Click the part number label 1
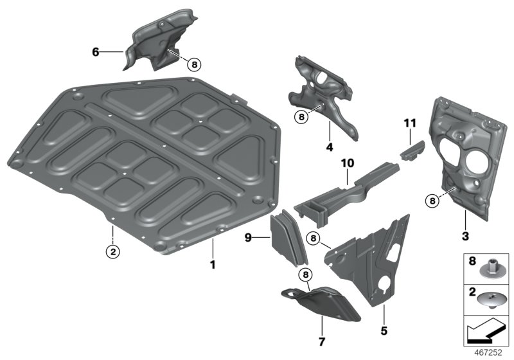pos(213,264)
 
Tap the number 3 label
pos(465,236)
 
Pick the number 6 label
pos(96,51)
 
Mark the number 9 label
pos(248,238)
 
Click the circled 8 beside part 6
pos(194,64)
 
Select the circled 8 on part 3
pos(432,201)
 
